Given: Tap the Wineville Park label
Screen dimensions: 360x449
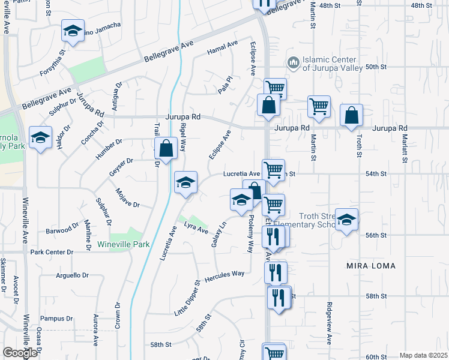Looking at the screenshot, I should click(x=123, y=245).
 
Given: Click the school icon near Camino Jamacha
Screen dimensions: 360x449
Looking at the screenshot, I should click(x=73, y=31).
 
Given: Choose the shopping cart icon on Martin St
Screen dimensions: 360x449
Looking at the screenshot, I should click(x=319, y=107).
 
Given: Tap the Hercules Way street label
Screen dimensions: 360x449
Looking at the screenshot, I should click(x=225, y=274).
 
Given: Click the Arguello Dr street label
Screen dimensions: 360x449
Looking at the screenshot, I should click(x=72, y=275).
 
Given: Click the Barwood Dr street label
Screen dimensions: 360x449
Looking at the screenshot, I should click(x=62, y=230).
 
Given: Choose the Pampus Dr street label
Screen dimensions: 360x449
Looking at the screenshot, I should click(x=56, y=319).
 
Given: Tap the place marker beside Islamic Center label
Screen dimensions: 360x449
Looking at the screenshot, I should click(x=293, y=62).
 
